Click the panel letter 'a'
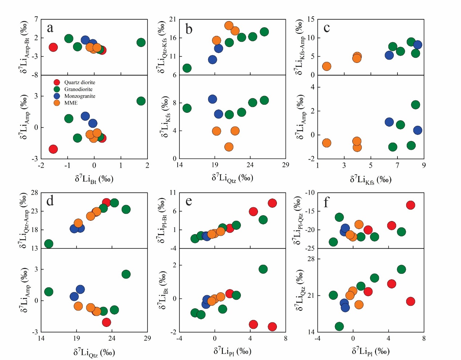point(50,28)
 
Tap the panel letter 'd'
point(50,200)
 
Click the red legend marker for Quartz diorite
point(57,83)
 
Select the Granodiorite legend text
point(78,89)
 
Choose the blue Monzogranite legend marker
point(57,96)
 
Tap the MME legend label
point(71,103)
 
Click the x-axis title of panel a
point(94,179)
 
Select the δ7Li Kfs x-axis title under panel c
point(371,180)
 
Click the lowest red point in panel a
point(53,149)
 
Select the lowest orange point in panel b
point(229,147)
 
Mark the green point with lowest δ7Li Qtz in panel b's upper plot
point(187,68)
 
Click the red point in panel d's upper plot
point(106,203)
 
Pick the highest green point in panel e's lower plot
point(263,269)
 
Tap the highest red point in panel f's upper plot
point(411,205)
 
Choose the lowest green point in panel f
point(339,326)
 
